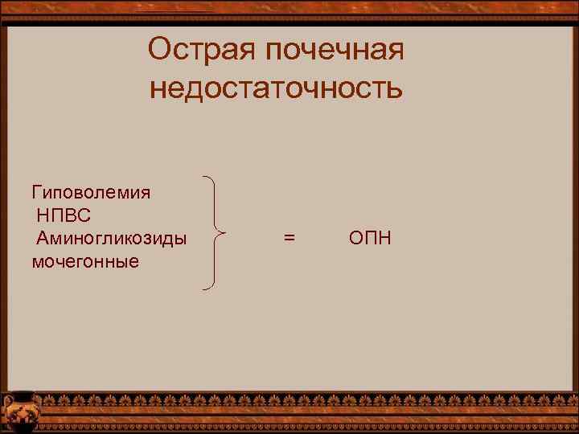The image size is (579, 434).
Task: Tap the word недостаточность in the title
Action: click(276, 87)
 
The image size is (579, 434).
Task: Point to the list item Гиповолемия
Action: click(91, 193)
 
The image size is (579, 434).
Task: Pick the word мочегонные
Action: click(85, 261)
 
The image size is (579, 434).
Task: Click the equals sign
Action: click(289, 239)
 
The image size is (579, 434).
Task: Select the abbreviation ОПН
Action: click(370, 239)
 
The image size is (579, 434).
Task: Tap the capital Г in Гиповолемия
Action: click(36, 193)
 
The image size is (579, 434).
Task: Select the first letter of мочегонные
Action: click(38, 262)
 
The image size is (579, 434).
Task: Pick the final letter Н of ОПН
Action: click(384, 239)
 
